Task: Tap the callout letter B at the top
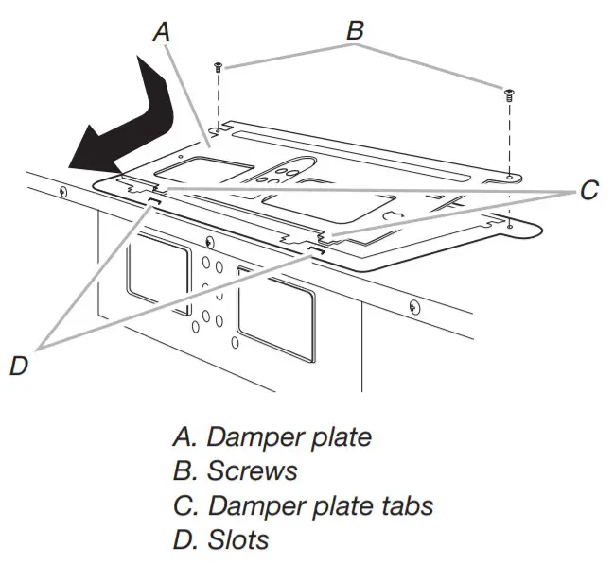point(355,30)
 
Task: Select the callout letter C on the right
point(588,191)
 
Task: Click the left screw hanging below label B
point(219,67)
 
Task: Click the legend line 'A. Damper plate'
point(272,437)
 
